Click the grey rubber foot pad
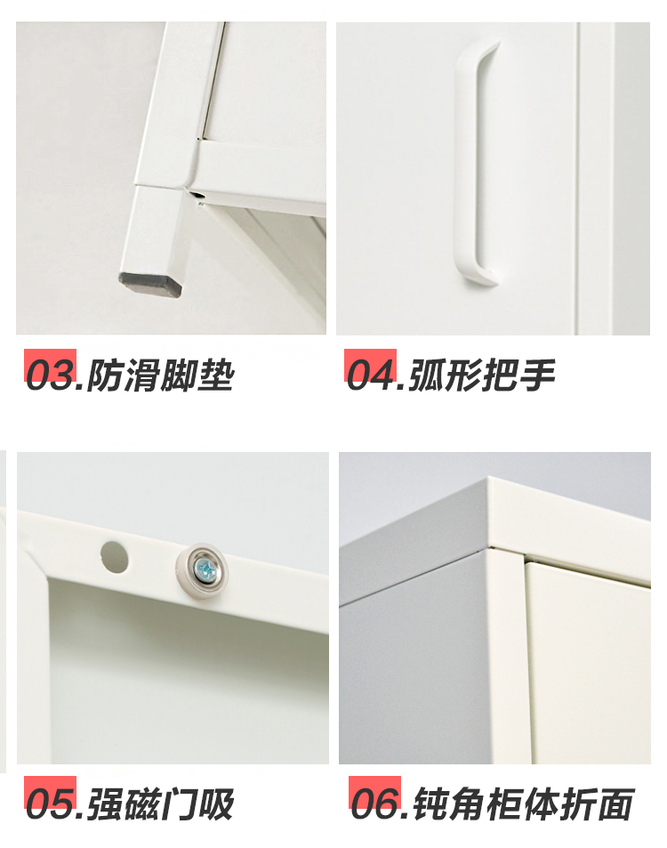pos(151,284)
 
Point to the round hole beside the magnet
pos(115,557)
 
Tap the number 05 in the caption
pos(51,804)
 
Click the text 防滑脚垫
pos(161,375)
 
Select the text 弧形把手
pos(482,375)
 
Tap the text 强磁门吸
pos(161,804)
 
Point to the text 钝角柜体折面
pos(523,804)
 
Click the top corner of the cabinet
pos(488,477)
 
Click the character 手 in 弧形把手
pos(537,375)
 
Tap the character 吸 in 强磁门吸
pos(217,804)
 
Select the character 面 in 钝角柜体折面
pos(615,804)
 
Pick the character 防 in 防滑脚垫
pos(104,375)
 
